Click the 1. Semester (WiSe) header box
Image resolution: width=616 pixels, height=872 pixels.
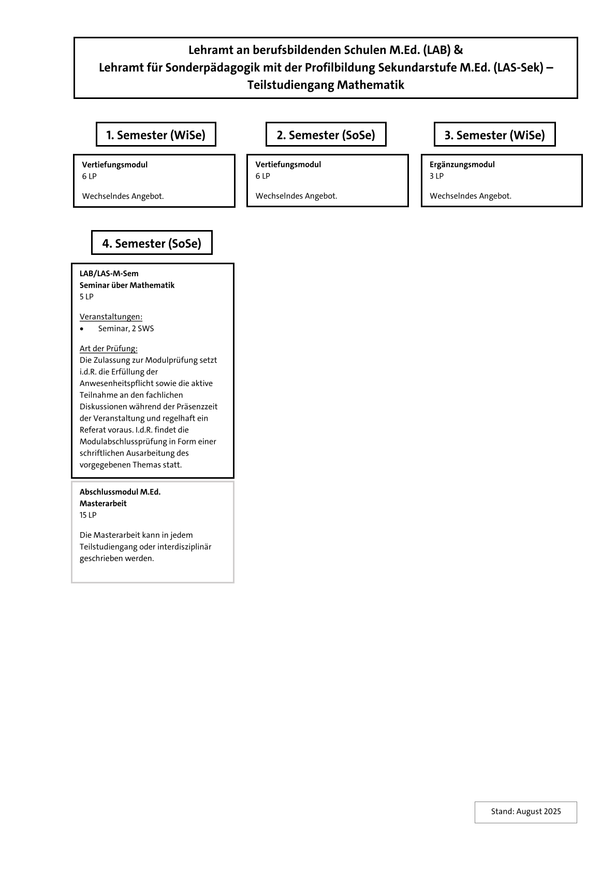click(x=156, y=135)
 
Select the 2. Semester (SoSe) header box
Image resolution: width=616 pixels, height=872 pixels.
click(x=326, y=135)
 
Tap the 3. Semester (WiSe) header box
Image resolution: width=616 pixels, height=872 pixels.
click(x=494, y=135)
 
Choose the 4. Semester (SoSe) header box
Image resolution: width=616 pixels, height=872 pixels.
click(x=152, y=243)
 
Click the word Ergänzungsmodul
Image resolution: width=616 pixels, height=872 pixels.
click(x=462, y=164)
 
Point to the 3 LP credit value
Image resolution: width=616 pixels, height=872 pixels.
click(x=436, y=176)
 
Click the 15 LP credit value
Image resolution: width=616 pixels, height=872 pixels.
click(x=88, y=515)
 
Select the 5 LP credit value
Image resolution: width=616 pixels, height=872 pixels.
click(x=86, y=297)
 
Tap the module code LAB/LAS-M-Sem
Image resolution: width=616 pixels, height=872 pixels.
click(x=109, y=274)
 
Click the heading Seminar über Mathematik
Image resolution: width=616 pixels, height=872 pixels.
click(x=127, y=285)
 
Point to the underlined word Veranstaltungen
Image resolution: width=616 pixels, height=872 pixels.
click(x=111, y=317)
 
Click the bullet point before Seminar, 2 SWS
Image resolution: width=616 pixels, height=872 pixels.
click(x=82, y=329)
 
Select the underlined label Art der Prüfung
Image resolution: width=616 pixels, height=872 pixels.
click(x=108, y=348)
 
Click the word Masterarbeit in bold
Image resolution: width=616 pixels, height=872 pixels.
click(x=103, y=503)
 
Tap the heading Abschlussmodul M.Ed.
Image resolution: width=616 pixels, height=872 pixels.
click(x=120, y=492)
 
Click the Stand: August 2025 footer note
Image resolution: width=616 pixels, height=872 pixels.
click(x=525, y=811)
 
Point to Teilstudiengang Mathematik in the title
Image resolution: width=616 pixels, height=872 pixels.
click(x=326, y=84)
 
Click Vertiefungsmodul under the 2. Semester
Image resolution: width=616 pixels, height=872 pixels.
click(x=288, y=164)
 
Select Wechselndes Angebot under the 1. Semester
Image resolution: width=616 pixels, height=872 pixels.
click(x=123, y=196)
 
